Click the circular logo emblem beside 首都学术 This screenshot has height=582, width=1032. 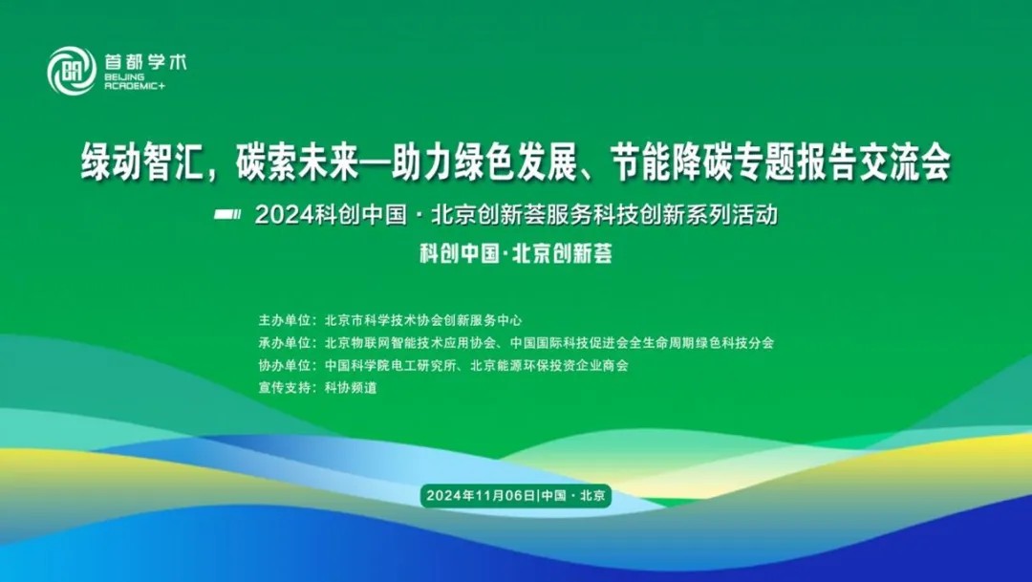[72, 71]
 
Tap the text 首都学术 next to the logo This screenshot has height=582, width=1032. [145, 62]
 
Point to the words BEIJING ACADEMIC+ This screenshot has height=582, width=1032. [135, 81]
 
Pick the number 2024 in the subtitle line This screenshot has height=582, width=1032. [285, 215]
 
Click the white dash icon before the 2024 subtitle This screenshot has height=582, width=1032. [227, 214]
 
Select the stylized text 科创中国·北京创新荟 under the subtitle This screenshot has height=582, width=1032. [517, 253]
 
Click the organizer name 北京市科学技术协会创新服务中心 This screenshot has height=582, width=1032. [423, 321]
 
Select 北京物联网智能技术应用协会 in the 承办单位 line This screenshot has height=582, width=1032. [410, 343]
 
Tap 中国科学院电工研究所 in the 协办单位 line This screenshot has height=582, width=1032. [390, 365]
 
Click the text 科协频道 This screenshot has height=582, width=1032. [351, 388]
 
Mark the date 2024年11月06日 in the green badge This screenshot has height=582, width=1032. [481, 495]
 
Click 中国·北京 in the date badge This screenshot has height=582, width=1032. [573, 495]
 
